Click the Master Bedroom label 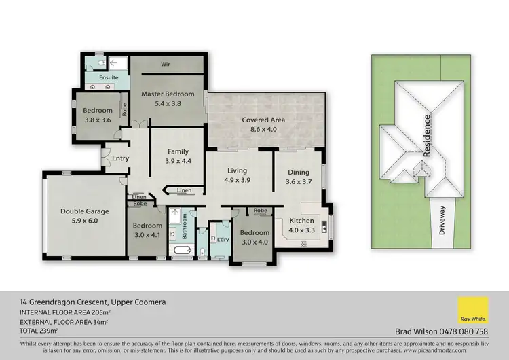pyautogui.click(x=168, y=99)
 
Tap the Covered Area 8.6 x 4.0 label pyautogui.click(x=263, y=125)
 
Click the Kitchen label pyautogui.click(x=301, y=226)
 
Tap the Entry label pyautogui.click(x=120, y=158)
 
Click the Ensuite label pyautogui.click(x=109, y=78)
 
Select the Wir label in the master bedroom pyautogui.click(x=164, y=65)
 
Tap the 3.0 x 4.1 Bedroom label pyautogui.click(x=147, y=230)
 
